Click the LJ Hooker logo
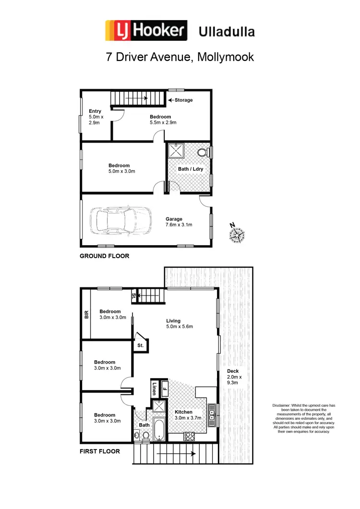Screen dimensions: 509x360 pos(146,31)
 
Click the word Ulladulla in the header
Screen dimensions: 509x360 pos(227,32)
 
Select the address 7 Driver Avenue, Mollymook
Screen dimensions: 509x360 pos(180,57)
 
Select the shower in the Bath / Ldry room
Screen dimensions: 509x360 pos(176,151)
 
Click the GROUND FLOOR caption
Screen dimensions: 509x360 pos(104,256)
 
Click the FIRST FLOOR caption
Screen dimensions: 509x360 pos(100,451)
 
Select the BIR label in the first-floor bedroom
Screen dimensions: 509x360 pos(87,315)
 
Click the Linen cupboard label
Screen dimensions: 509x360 pos(155,388)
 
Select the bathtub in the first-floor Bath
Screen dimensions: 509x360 pos(159,429)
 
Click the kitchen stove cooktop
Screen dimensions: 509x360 pos(189,437)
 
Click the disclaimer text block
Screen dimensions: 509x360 pos(303,418)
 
